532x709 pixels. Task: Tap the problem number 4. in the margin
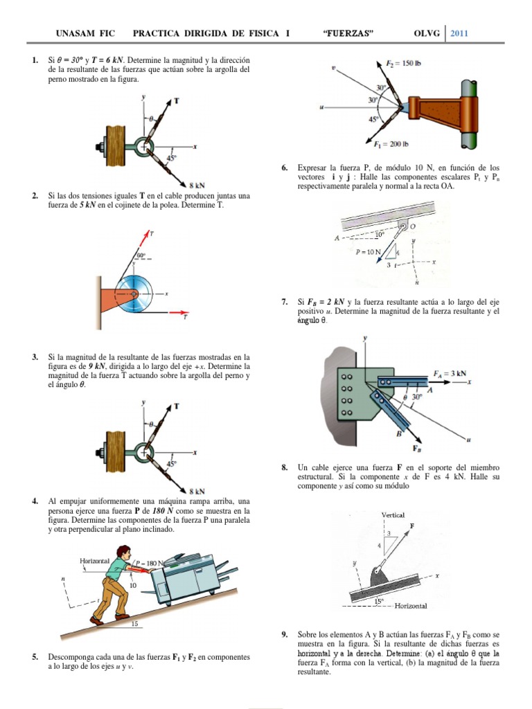click(x=35, y=501)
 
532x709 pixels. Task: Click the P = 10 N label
click(x=368, y=252)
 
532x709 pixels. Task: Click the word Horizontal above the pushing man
click(x=96, y=562)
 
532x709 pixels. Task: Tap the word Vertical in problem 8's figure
click(x=393, y=514)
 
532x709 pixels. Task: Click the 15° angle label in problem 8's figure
click(x=379, y=601)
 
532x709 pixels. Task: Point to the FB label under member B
click(x=420, y=448)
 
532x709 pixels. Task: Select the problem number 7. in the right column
click(x=285, y=302)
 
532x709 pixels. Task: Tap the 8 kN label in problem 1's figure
click(x=197, y=185)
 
